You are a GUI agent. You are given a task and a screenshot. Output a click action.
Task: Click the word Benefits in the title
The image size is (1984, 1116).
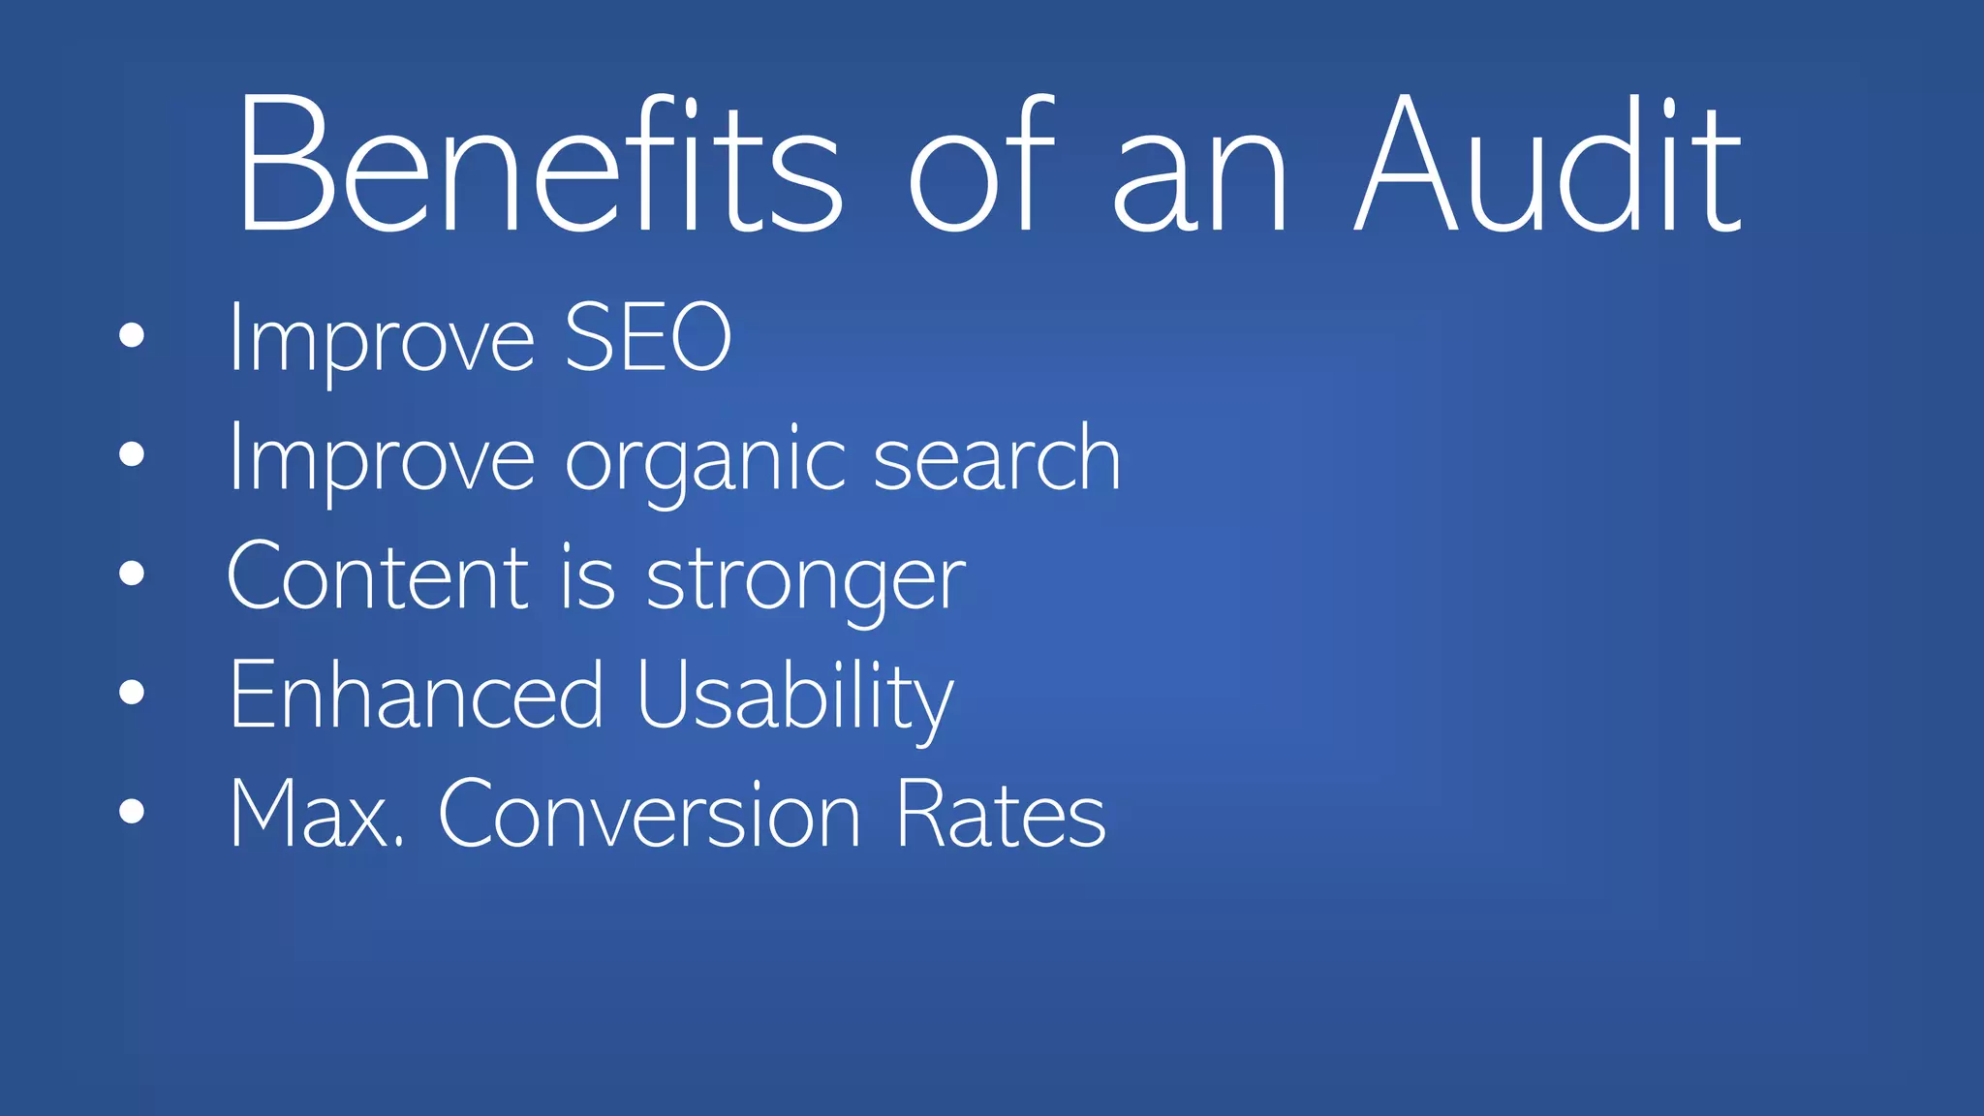[539, 165]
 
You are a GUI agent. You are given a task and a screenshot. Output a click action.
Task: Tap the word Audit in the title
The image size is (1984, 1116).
[1547, 165]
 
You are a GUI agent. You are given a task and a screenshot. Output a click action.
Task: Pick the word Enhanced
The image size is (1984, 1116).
[417, 695]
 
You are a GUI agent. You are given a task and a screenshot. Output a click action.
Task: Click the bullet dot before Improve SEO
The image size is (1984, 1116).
[132, 336]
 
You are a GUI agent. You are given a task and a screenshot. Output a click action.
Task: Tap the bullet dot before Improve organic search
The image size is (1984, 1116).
[132, 454]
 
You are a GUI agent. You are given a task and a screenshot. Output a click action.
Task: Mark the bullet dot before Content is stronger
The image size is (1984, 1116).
[132, 573]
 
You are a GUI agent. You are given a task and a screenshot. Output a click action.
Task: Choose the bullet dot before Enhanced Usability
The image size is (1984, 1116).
[132, 693]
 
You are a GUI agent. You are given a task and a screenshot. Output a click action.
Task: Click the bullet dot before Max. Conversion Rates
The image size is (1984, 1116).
[132, 812]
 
